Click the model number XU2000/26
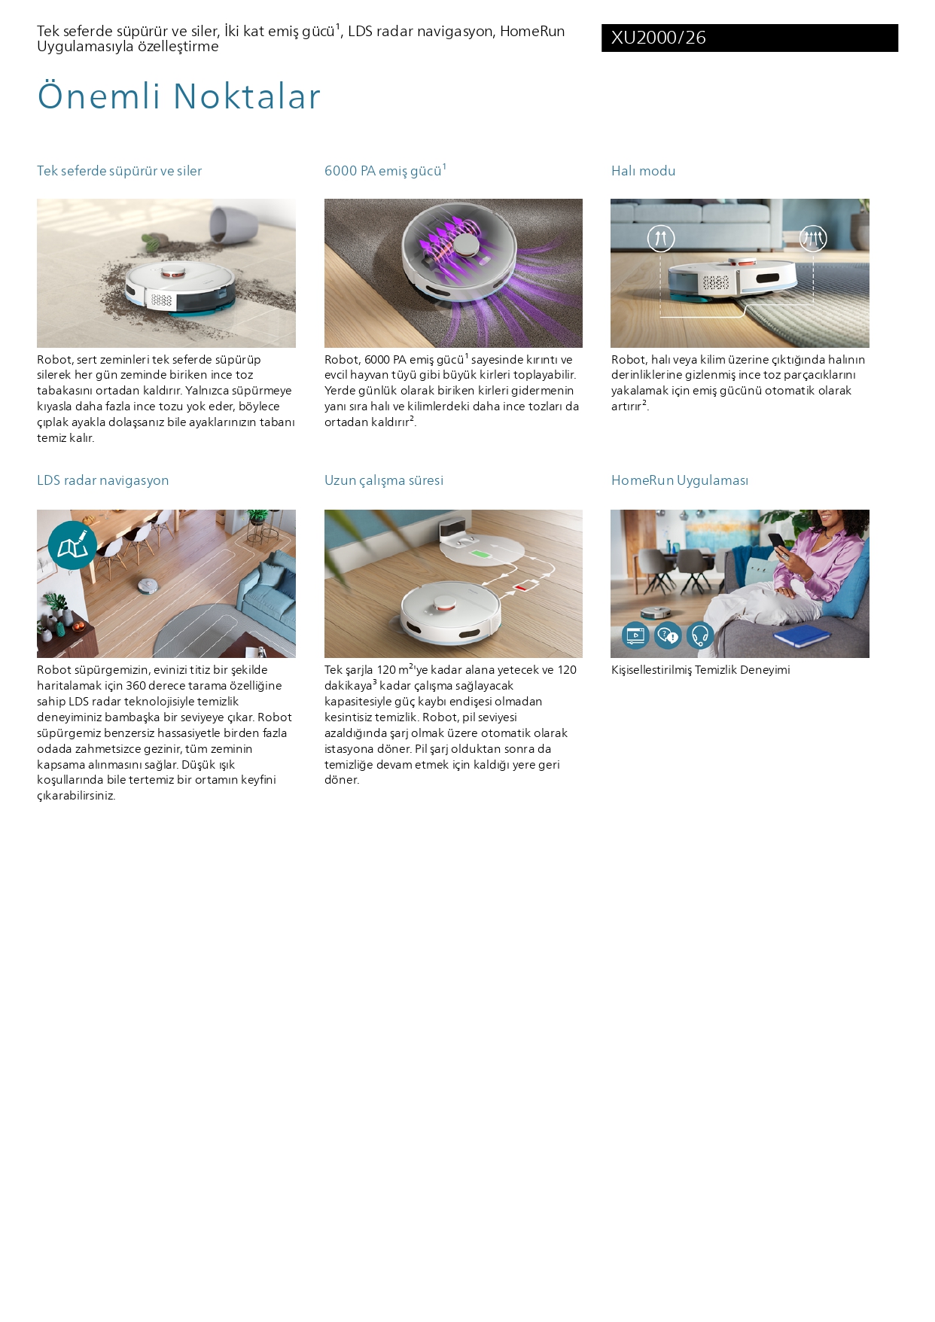click(x=658, y=38)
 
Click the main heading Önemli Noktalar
click(x=179, y=96)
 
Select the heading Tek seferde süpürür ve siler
click(x=120, y=171)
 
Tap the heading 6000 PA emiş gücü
click(x=385, y=170)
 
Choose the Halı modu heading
click(x=643, y=171)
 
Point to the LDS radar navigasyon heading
click(x=103, y=480)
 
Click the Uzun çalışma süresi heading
click(x=384, y=480)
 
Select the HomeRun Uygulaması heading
click(x=680, y=480)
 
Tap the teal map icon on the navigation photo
click(x=72, y=546)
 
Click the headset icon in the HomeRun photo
click(x=700, y=636)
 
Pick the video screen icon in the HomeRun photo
click(x=635, y=636)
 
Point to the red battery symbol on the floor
click(x=522, y=585)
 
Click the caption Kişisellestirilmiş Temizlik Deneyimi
click(x=701, y=670)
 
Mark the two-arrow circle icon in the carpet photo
click(x=661, y=239)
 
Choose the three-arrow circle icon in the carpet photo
click(x=813, y=239)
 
